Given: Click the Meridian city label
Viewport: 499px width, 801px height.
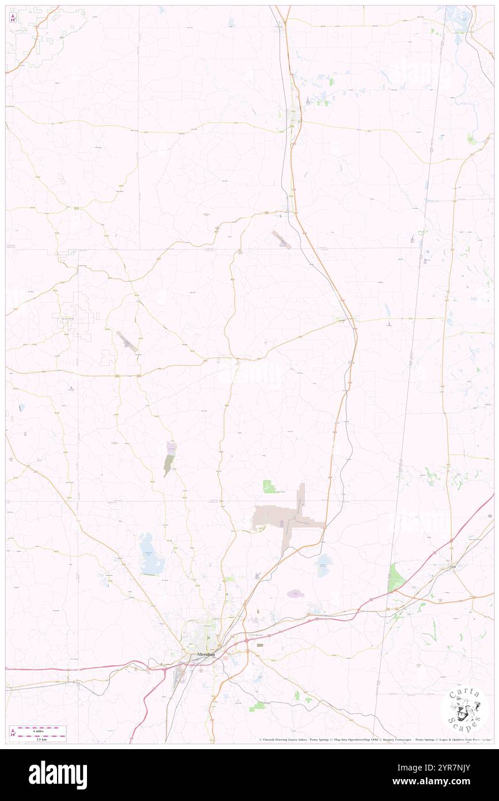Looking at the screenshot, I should coord(206,655).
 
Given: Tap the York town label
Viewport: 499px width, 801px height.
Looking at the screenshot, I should coord(453,567).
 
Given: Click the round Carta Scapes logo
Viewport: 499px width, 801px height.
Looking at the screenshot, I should coord(464,711).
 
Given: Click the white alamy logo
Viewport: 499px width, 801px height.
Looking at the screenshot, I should coord(58,775).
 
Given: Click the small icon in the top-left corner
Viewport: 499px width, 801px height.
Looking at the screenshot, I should coord(13,17).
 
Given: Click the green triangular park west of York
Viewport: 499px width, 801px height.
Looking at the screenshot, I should coord(395,578).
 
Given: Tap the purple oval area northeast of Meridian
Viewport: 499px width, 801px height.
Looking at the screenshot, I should coord(295,593).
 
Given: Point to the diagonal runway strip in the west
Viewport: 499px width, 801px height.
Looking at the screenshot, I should coord(127,342).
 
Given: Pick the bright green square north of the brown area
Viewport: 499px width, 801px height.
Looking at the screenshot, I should coord(269,486).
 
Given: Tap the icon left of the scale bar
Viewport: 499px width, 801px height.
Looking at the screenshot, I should coord(13,732).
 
